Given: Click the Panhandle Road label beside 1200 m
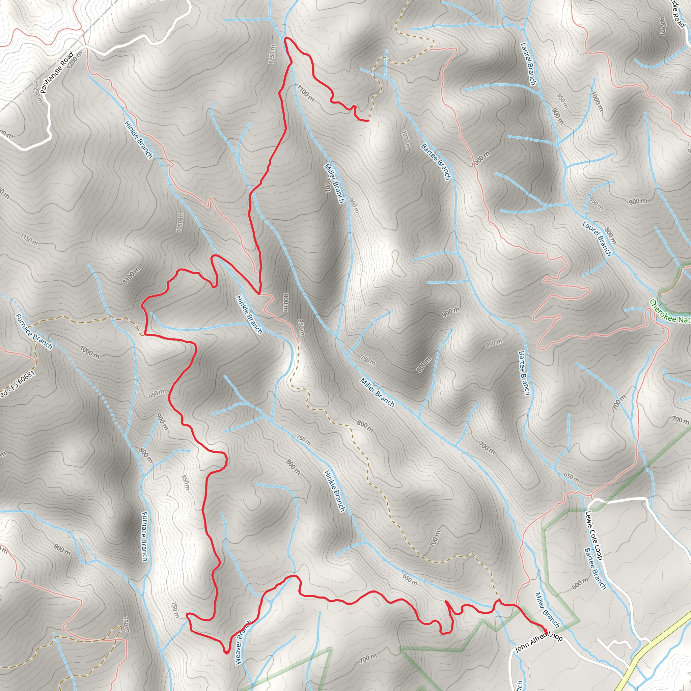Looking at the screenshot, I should pos(57,73).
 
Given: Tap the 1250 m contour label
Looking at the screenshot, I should pos(37,93).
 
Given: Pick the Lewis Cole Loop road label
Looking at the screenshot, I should pos(594,535).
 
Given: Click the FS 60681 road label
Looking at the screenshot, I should pos(18,385).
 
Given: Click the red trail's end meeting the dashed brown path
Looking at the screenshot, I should pos(368,121).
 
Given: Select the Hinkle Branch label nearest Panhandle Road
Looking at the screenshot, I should pos(138,140).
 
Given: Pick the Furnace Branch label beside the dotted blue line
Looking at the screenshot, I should pos(34,332).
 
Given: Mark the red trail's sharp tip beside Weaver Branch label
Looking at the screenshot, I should pos(226,653).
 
